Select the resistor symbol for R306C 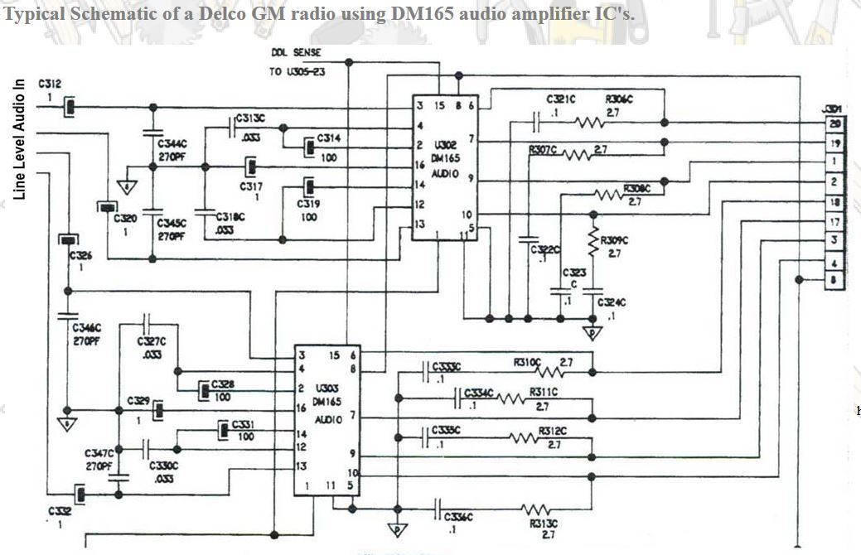pyautogui.click(x=592, y=123)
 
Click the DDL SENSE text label pyautogui.click(x=295, y=52)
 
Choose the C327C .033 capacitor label pyautogui.click(x=152, y=347)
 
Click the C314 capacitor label pyautogui.click(x=327, y=138)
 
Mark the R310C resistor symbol pyautogui.click(x=572, y=374)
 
